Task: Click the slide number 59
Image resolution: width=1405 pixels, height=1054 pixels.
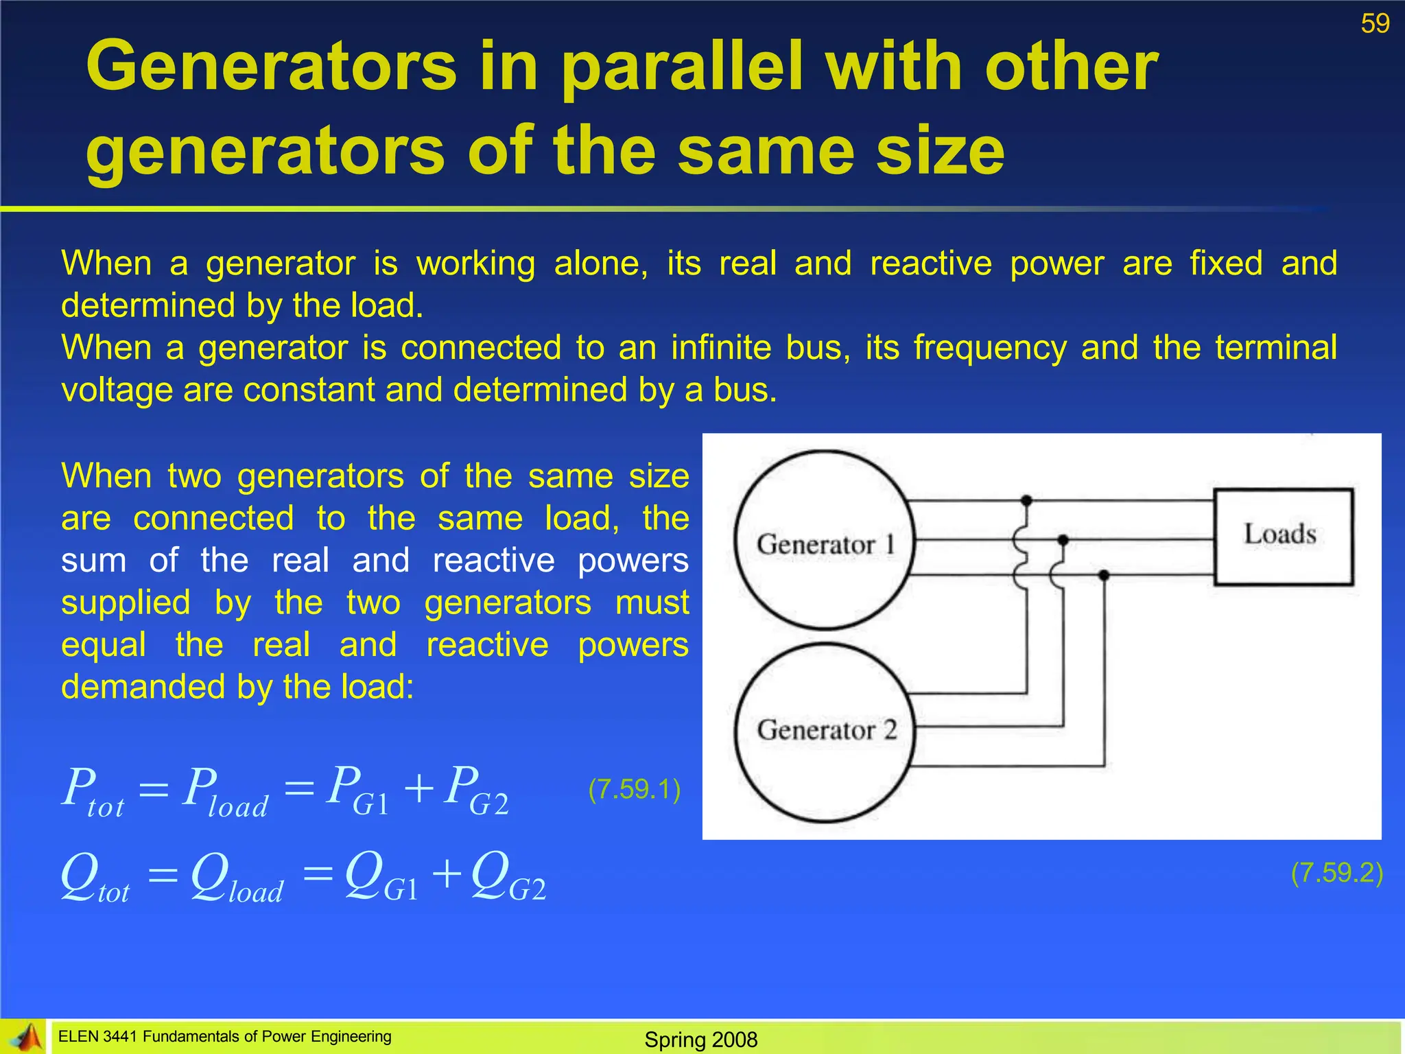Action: [x=1375, y=24]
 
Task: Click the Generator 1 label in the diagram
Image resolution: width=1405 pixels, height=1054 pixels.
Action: [x=825, y=545]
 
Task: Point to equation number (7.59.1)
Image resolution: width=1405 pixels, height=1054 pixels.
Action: [x=634, y=789]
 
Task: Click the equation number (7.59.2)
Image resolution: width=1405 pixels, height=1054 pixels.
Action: [x=1336, y=873]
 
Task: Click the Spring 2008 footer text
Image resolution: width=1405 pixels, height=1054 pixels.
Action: [x=700, y=1039]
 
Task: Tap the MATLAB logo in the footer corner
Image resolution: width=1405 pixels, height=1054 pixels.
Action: [x=25, y=1037]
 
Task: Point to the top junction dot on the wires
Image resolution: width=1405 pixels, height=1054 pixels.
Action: [x=1026, y=500]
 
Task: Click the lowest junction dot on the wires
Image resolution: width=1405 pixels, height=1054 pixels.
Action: [x=1104, y=575]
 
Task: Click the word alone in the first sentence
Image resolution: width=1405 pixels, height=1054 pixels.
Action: [x=600, y=263]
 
